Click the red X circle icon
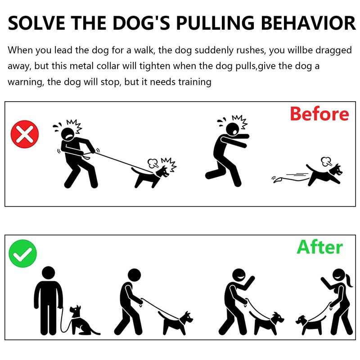(x=25, y=134)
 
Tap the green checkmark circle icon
(x=23, y=253)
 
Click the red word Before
(x=319, y=114)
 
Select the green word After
(x=319, y=247)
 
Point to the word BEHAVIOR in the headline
(x=308, y=23)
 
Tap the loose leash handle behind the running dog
(x=278, y=180)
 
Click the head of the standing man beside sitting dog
(x=49, y=273)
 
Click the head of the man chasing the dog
(x=233, y=129)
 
